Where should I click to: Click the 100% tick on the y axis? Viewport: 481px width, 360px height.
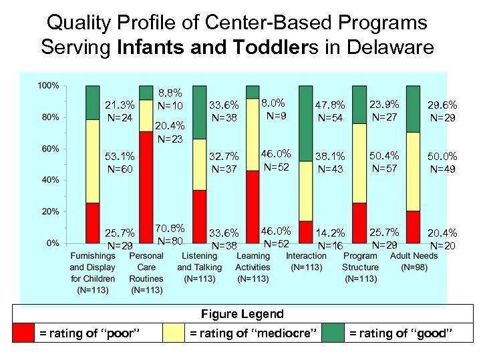pos(48,85)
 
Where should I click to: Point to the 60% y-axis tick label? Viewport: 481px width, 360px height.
pos(50,149)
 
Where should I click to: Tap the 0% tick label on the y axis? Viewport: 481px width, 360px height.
pos(53,243)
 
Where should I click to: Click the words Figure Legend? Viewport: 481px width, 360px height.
pos(243,314)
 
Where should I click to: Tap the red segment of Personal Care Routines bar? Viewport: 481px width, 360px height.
pos(146,187)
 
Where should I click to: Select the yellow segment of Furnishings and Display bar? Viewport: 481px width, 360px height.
pos(93,161)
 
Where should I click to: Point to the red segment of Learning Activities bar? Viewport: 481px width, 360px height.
pos(253,207)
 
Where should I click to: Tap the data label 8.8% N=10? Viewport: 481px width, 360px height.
pos(170,101)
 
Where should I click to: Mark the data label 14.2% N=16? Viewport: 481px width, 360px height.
pos(332,239)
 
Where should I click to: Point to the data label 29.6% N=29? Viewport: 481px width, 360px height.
pos(443,112)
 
